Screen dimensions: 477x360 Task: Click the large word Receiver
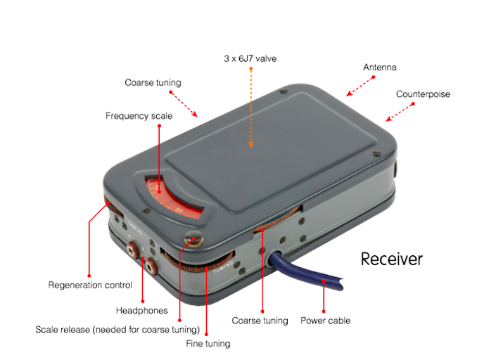pos(391,259)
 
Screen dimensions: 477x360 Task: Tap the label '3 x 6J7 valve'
pos(250,58)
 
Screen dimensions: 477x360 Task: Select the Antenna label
pos(380,67)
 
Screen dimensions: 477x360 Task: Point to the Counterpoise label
pos(423,94)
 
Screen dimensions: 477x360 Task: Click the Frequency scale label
pos(139,116)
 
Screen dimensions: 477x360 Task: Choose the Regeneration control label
pos(90,285)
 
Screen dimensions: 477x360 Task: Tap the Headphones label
pos(141,311)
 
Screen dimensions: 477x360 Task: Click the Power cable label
pos(325,321)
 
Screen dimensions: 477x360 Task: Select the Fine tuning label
pos(208,344)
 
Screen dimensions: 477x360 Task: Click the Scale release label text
pos(117,330)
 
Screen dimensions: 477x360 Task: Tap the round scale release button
pos(193,238)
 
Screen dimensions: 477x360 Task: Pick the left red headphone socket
pos(133,250)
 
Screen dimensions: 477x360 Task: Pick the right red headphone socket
pos(151,266)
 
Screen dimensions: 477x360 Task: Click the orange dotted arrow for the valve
pos(251,108)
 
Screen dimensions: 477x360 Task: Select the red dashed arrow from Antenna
pos(360,86)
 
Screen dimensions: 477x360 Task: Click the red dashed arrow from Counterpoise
pos(400,112)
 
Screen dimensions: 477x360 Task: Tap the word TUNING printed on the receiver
pos(223,267)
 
